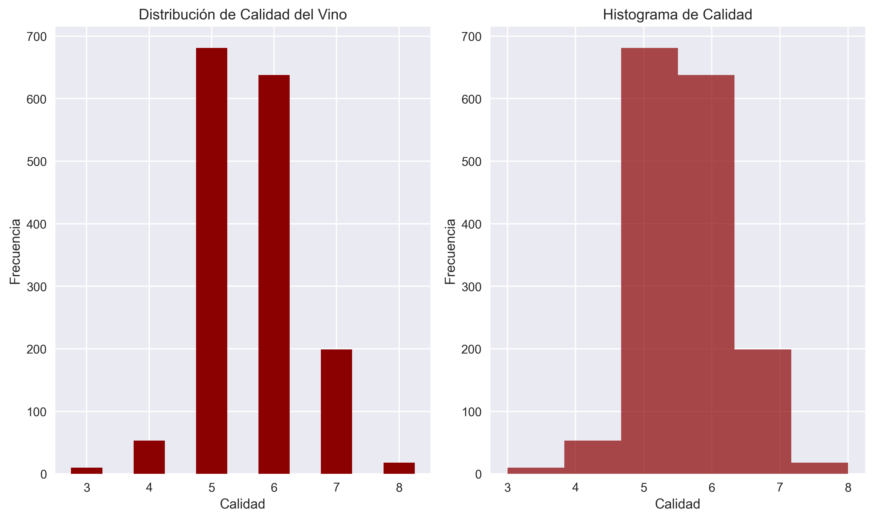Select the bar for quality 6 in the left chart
click(274, 274)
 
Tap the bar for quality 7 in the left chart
click(336, 411)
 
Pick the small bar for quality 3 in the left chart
click(87, 471)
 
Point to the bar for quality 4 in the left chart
click(149, 457)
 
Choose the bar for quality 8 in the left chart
click(399, 468)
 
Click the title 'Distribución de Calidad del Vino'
click(243, 15)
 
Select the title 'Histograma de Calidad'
click(677, 15)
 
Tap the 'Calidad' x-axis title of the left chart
click(242, 504)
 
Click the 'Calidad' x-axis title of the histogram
click(677, 504)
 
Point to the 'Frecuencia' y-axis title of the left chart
click(15, 251)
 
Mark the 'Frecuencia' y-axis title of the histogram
click(450, 251)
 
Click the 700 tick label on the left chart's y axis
click(37, 37)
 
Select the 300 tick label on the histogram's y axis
click(471, 287)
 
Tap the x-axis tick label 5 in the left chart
click(211, 487)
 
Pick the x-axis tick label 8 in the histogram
click(848, 487)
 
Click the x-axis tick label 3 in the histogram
click(507, 487)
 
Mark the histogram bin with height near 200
click(762, 411)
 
